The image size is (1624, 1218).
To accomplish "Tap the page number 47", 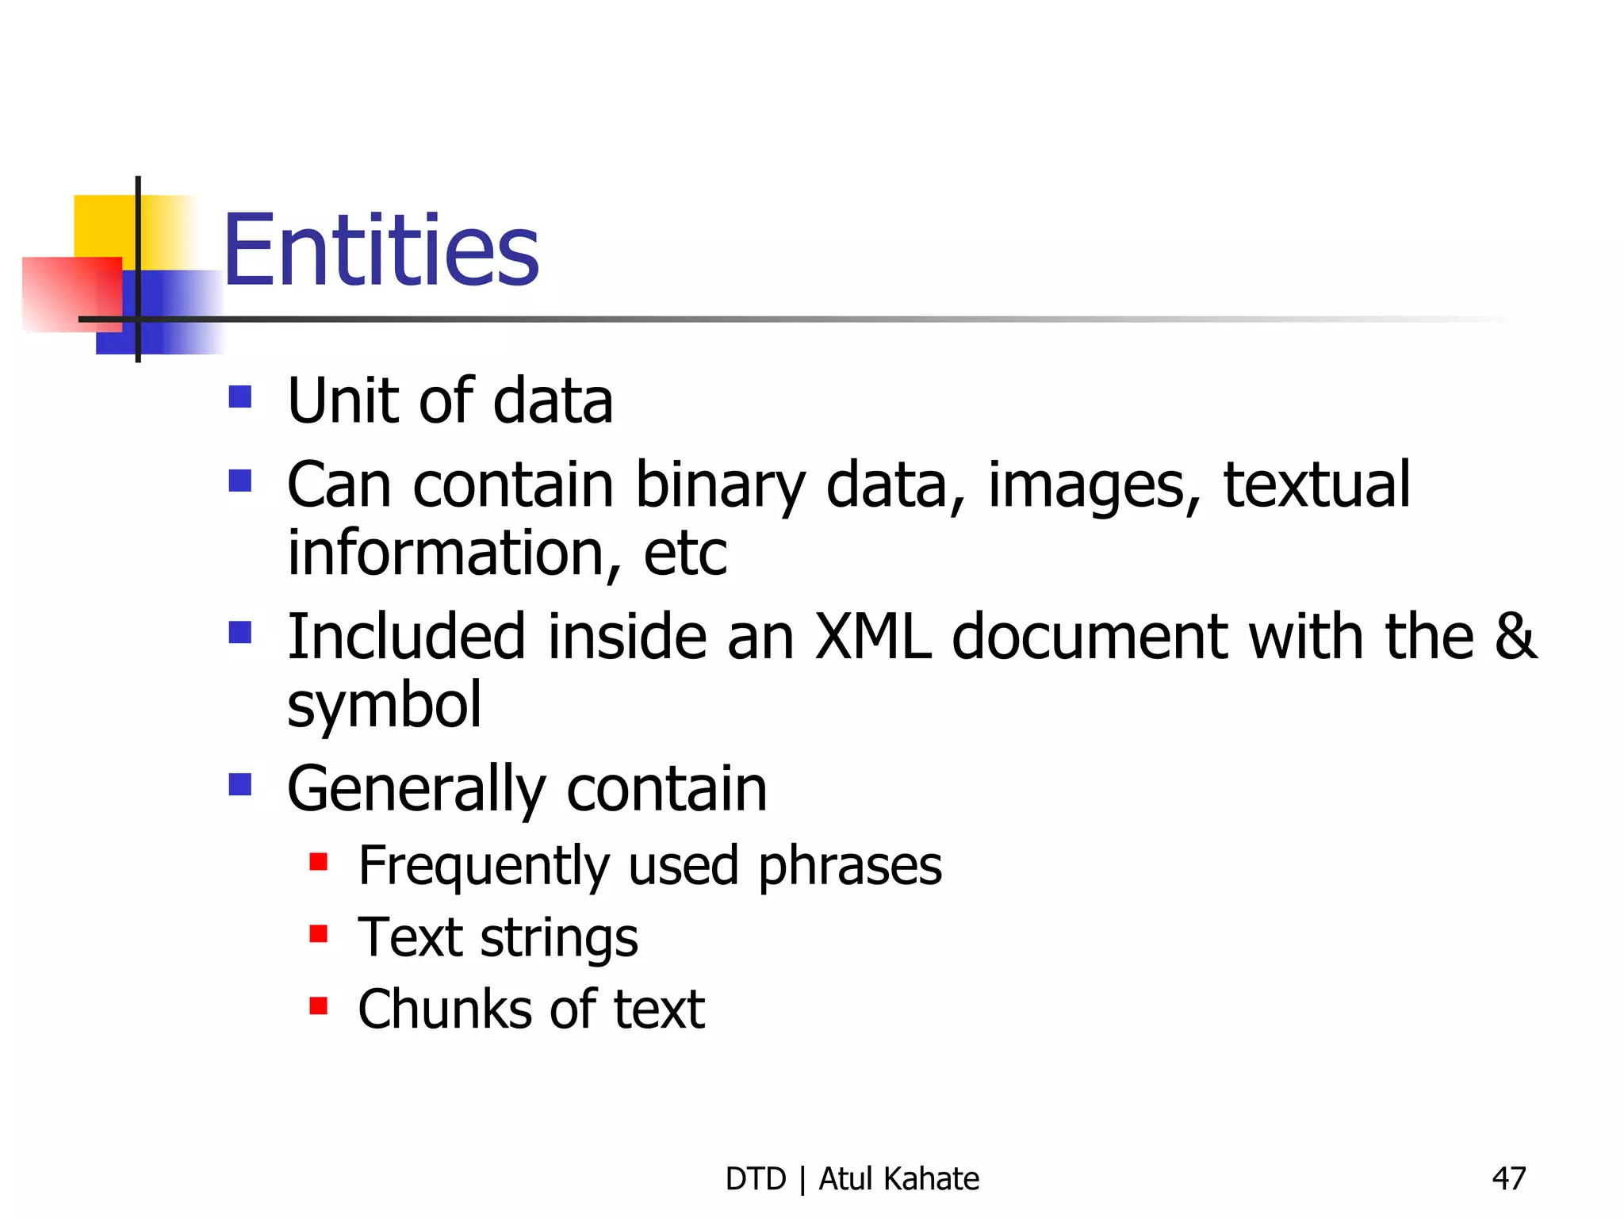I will tap(1508, 1178).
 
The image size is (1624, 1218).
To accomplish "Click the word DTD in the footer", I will tap(755, 1179).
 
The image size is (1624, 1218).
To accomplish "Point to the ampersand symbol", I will tap(1515, 636).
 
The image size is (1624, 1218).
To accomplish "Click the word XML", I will tap(873, 636).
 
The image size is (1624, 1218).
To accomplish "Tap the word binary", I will tap(720, 485).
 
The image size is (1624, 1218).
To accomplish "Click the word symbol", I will tap(384, 706).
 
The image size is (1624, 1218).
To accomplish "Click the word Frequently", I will tap(484, 866).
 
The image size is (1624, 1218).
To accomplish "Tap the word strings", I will tap(559, 938).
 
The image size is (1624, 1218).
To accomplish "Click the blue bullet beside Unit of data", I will tap(239, 396).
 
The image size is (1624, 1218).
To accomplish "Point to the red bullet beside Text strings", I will tap(319, 933).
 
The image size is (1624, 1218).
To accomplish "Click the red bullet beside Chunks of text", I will tap(319, 1005).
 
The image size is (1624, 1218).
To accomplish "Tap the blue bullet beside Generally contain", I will tap(239, 784).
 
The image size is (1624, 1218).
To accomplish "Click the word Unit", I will tap(343, 400).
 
